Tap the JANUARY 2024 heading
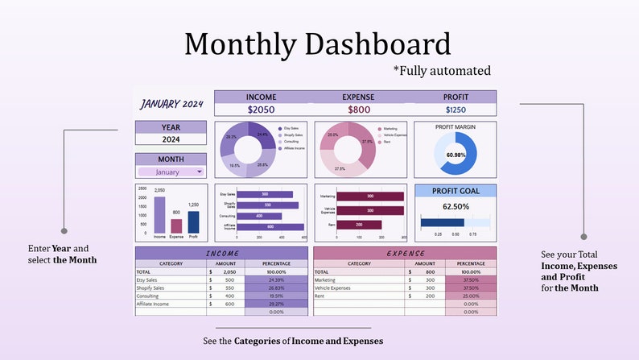pyautogui.click(x=172, y=103)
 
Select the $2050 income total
pyautogui.click(x=261, y=110)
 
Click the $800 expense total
pyautogui.click(x=359, y=110)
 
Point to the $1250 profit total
pyautogui.click(x=456, y=110)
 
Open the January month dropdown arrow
pyautogui.click(x=199, y=172)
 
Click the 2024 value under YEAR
pyautogui.click(x=171, y=139)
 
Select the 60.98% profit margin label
pyautogui.click(x=456, y=155)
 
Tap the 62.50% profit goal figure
pyautogui.click(x=456, y=206)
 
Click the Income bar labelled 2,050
pyautogui.click(x=159, y=215)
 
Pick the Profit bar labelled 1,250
pyautogui.click(x=193, y=222)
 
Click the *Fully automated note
pyautogui.click(x=442, y=71)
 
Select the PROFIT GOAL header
pyautogui.click(x=456, y=191)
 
